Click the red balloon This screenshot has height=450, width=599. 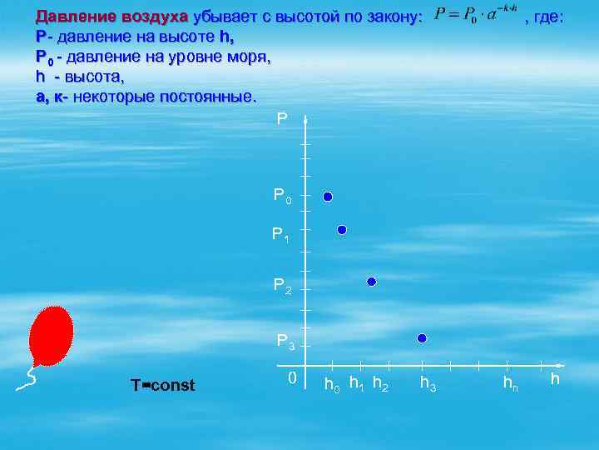tap(51, 335)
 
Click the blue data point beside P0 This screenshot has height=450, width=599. tap(328, 197)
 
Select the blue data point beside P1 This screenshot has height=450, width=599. tap(342, 230)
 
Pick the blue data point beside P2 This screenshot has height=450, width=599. tap(372, 282)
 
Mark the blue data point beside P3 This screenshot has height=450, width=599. tap(422, 337)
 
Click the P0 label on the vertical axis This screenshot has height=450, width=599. tap(283, 197)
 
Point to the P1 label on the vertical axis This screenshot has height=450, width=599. tap(281, 236)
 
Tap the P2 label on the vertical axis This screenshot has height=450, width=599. tap(283, 286)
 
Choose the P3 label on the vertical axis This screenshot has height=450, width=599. tap(285, 340)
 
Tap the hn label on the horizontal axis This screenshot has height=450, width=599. tap(510, 384)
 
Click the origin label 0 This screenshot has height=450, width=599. tap(291, 378)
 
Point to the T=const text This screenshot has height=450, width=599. tap(163, 385)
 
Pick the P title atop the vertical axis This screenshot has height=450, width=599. tap(282, 118)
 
